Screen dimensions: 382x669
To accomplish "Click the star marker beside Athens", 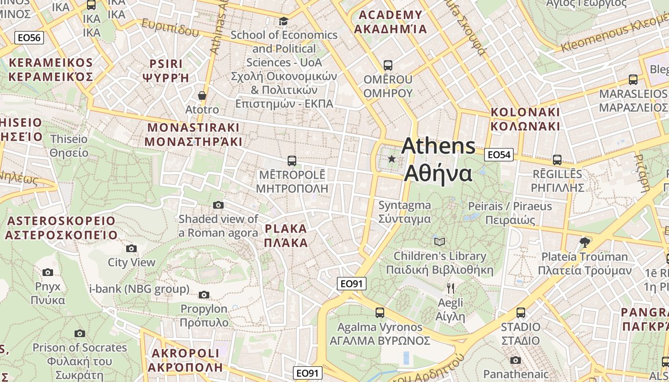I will pos(392,159).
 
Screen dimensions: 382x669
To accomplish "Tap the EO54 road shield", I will pos(498,155).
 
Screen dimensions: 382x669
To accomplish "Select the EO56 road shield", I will pos(30,38).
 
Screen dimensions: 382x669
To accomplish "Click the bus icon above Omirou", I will pos(388,65).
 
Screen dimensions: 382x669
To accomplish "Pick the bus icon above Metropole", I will pos(291,160).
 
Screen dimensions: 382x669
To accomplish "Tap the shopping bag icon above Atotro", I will pos(202,95).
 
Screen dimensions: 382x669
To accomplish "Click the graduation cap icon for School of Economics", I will pos(284,21).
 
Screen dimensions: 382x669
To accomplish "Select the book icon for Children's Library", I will pos(440,242).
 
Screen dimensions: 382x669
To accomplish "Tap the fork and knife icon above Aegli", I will pos(450,288).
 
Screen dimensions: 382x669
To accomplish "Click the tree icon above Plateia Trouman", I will pos(584,243).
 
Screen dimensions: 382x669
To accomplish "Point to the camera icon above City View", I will pos(131,248).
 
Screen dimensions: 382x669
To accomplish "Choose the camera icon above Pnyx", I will pos(48,272).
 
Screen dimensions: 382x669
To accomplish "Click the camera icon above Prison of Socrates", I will pos(80,333).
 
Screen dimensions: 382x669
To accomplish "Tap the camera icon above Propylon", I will pos(204,295).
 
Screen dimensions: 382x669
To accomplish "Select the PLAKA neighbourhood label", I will pos(286,235).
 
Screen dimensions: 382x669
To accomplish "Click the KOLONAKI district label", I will pos(525,119).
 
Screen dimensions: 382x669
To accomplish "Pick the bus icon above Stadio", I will pos(521,313).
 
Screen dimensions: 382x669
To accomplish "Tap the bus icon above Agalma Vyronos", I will pos(380,313).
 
